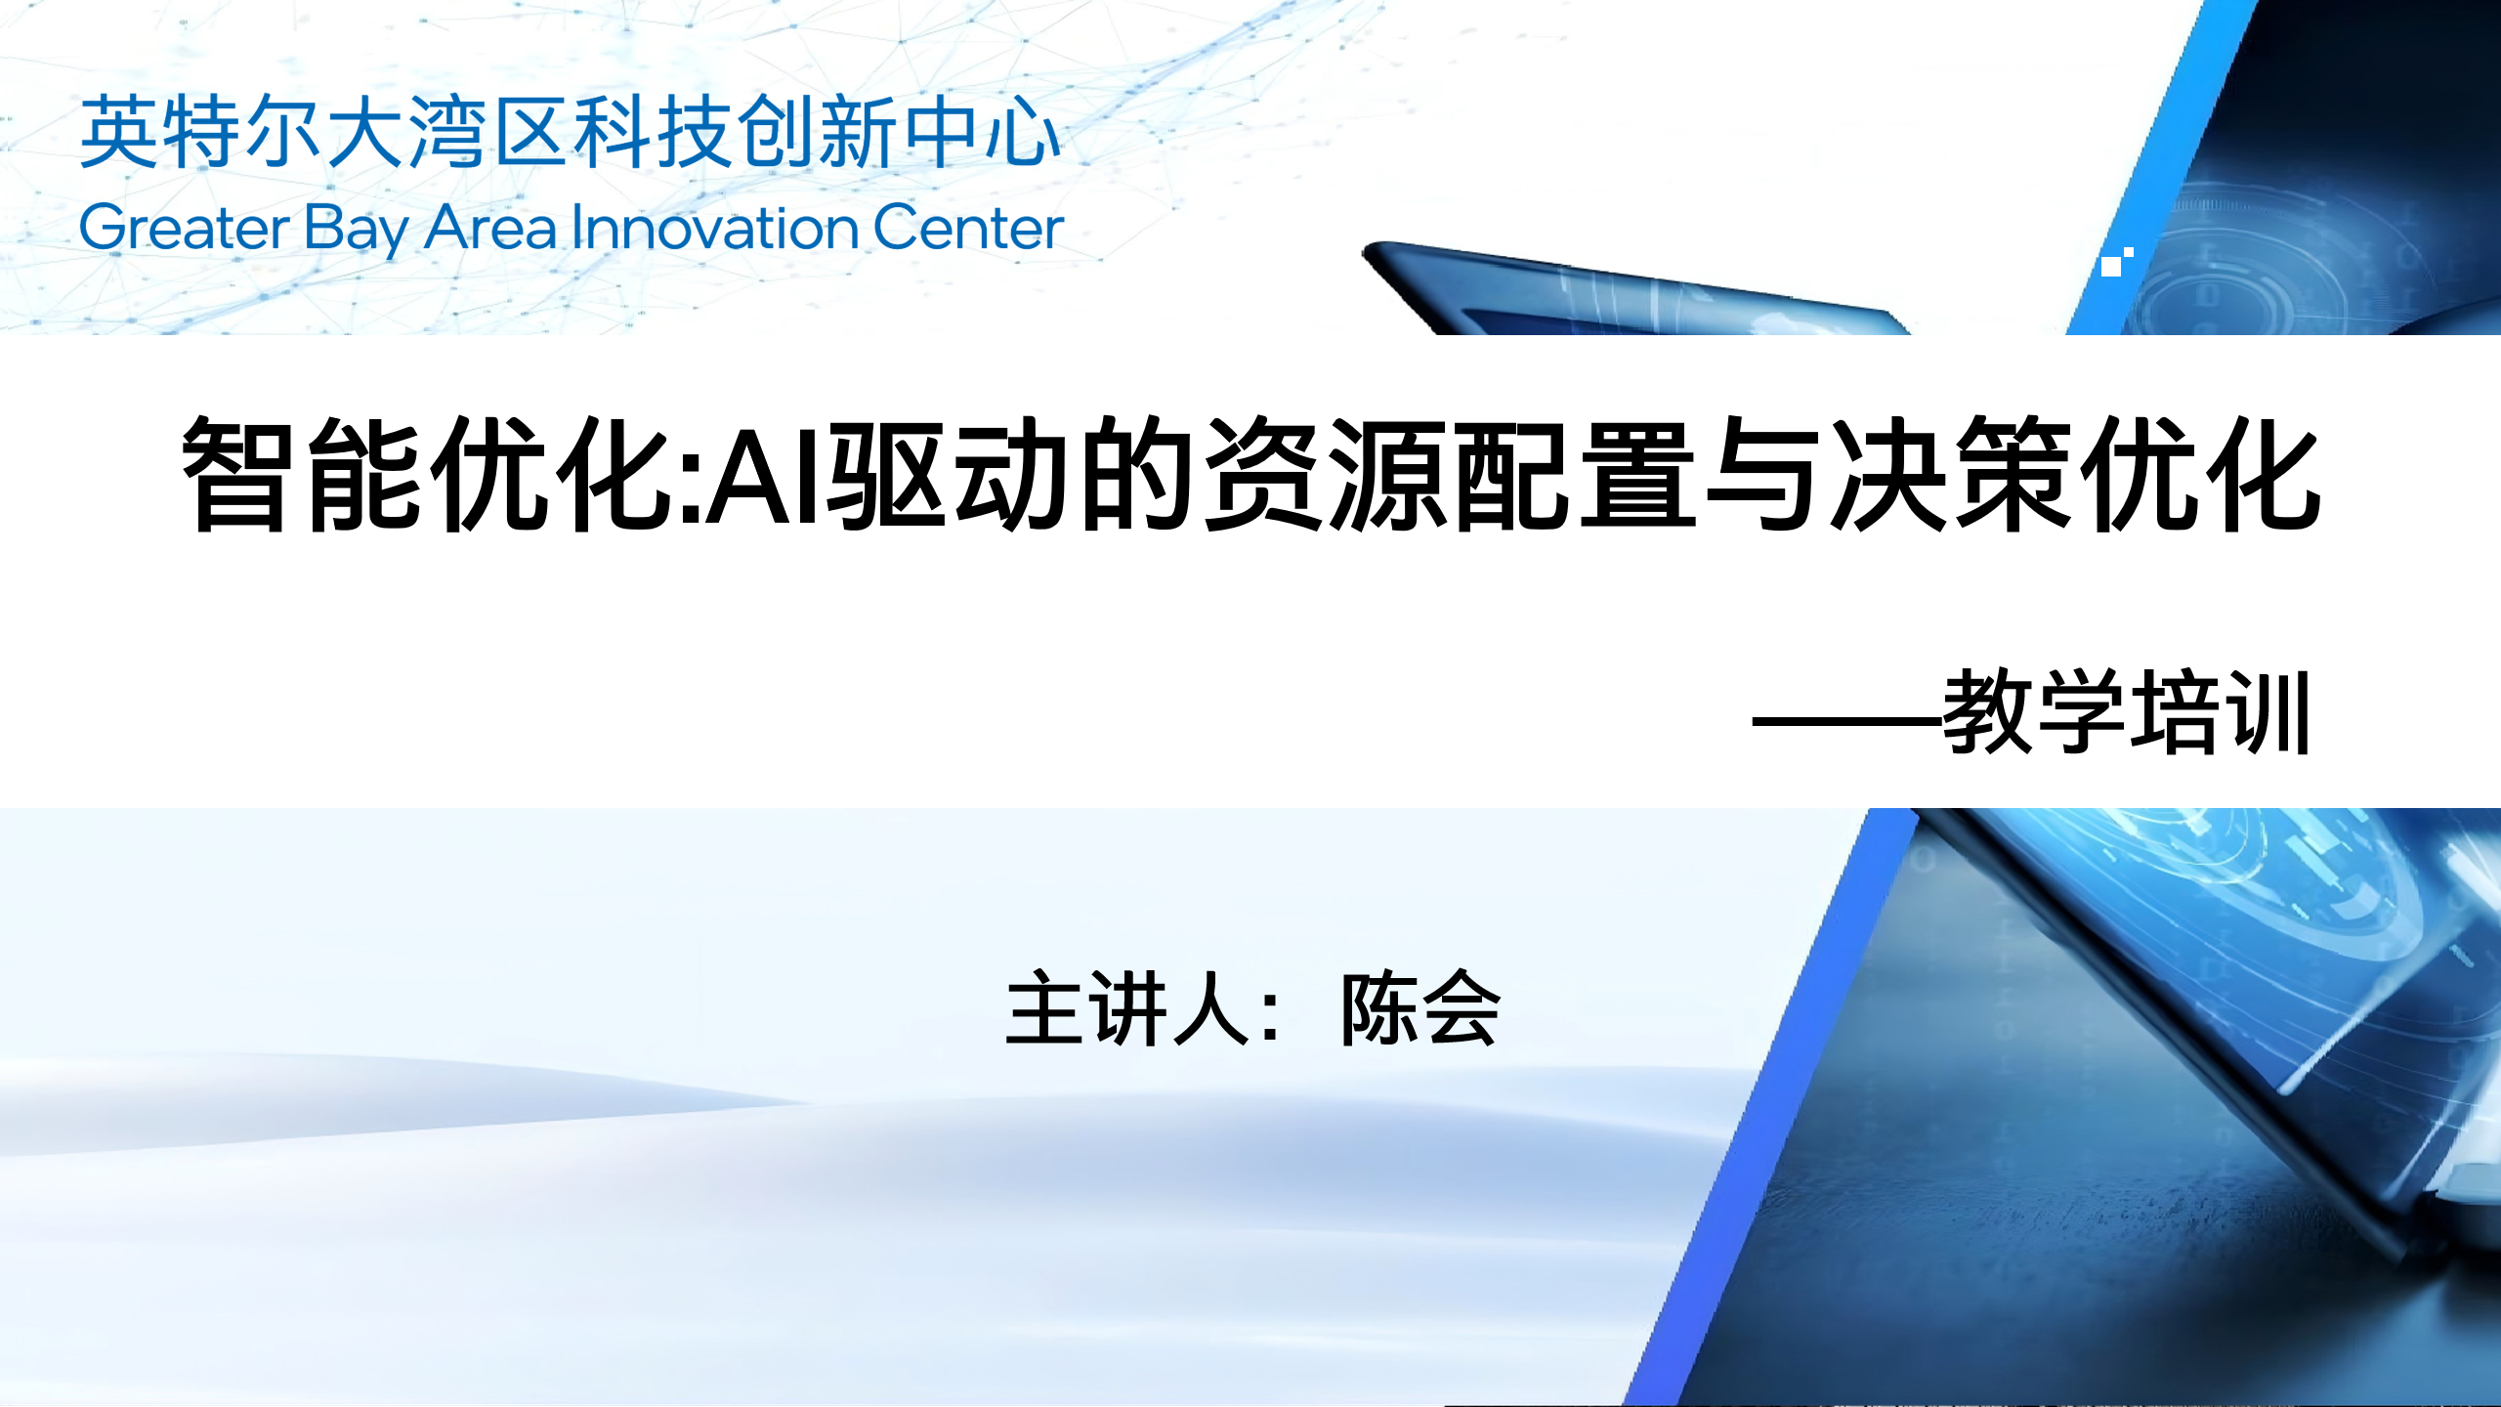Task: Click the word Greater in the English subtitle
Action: [184, 229]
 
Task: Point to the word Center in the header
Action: [967, 228]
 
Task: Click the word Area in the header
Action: [490, 228]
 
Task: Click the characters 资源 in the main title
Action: [1327, 475]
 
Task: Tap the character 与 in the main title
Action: [1763, 475]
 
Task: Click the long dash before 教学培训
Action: [1846, 723]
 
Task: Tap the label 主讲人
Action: [1129, 1008]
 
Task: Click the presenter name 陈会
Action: [1420, 1008]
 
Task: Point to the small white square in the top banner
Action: [2111, 266]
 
